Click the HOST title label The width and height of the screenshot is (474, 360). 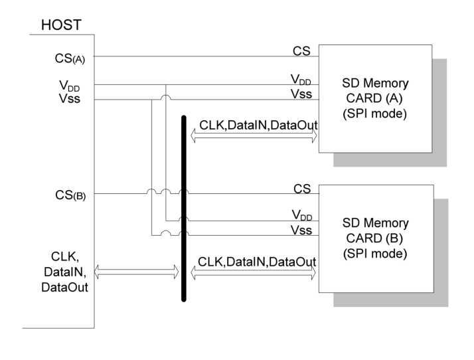coord(62,25)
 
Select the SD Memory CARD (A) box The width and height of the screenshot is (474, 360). coord(375,98)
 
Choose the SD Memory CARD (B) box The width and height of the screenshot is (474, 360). coord(376,238)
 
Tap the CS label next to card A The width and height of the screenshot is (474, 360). coord(301,50)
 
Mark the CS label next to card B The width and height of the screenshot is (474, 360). coord(302,189)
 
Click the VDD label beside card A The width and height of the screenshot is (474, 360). coord(301,80)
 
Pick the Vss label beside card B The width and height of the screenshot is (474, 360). coord(301,230)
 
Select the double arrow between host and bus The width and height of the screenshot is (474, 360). coord(137,271)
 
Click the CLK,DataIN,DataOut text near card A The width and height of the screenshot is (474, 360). coord(258,125)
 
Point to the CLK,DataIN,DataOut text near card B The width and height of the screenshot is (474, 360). coord(257,262)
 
